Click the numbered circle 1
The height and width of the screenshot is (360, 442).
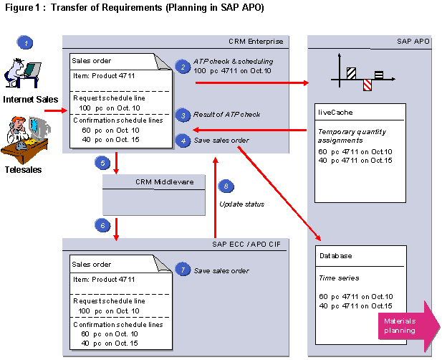coord(26,43)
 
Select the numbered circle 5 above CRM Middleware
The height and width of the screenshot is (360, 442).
coord(101,163)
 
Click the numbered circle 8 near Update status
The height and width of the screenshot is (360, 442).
coord(227,187)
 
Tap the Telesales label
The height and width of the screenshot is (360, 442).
coord(22,170)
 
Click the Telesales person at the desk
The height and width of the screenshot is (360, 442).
coord(26,140)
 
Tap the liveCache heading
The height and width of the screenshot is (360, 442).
coord(335,113)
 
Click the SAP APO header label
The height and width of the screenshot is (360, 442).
coord(413,42)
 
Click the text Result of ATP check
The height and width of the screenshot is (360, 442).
coord(226,115)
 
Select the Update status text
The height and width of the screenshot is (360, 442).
coord(241,204)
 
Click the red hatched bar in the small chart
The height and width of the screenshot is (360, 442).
coord(367,85)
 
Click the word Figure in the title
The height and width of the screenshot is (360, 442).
coord(18,7)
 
